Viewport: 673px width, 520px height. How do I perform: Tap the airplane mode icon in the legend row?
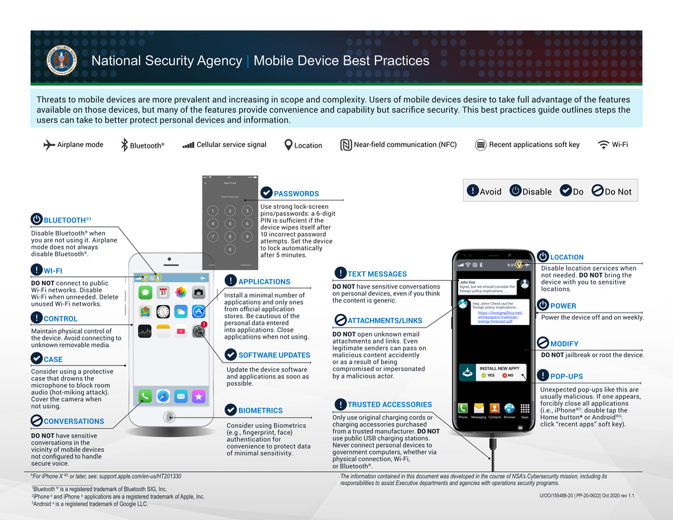(49, 145)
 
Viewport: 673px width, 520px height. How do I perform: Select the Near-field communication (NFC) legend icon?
(346, 145)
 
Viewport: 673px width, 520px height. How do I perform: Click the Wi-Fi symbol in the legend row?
(604, 145)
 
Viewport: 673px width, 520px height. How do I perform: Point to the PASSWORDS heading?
(296, 194)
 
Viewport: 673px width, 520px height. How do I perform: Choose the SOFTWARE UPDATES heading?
(274, 355)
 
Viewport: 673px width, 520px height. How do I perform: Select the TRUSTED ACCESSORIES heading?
(389, 405)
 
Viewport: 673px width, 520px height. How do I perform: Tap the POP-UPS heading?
(567, 376)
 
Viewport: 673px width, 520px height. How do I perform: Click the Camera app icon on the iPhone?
(198, 293)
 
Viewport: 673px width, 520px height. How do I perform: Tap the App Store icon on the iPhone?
(198, 312)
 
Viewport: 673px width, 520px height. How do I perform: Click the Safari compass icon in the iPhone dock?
(163, 396)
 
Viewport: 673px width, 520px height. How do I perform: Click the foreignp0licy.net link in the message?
(500, 317)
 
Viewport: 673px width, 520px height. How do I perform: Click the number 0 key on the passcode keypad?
(230, 249)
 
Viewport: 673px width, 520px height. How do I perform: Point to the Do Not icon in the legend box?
(597, 192)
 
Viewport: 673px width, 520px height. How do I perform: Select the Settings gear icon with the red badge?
(198, 331)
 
